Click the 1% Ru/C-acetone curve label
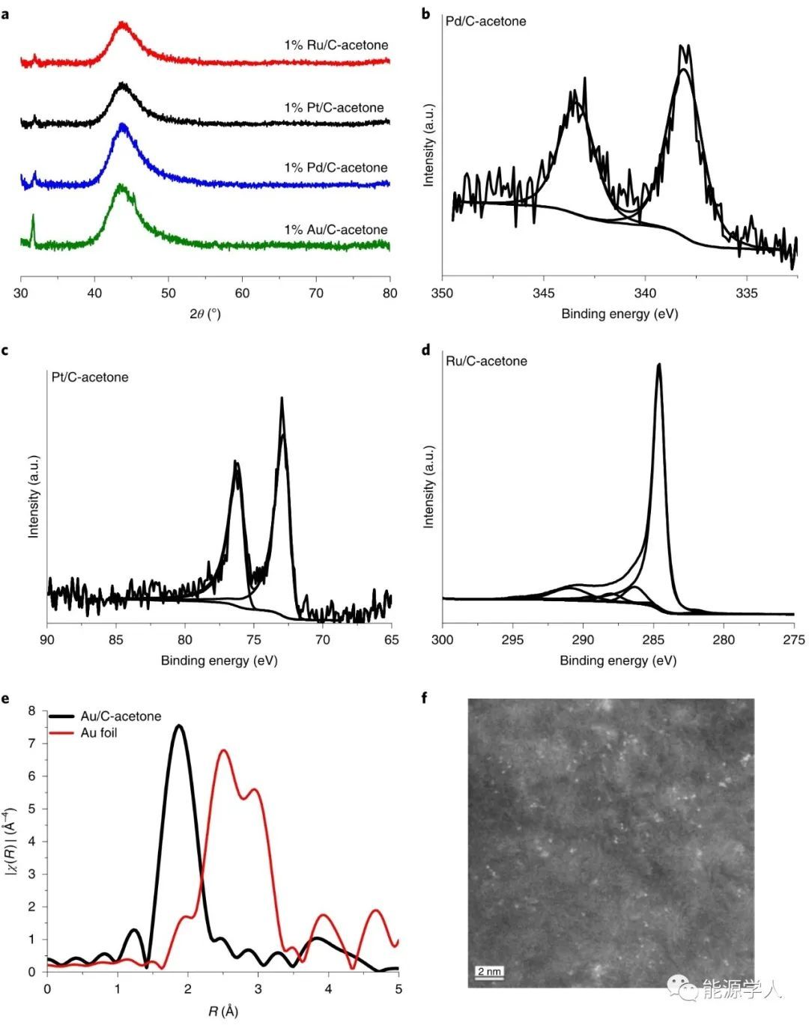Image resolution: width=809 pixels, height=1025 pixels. tap(336, 45)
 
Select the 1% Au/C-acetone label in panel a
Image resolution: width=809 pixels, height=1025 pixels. tap(336, 230)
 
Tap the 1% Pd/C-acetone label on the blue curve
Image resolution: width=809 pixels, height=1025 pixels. tap(336, 168)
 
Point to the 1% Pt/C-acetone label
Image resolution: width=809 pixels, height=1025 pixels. tap(334, 108)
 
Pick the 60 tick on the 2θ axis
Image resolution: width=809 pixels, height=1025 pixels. tap(242, 293)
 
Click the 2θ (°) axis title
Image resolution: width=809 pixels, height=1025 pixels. tap(205, 314)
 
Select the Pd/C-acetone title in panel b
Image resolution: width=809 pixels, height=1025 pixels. tap(485, 22)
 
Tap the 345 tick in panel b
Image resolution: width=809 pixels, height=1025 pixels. tap(544, 293)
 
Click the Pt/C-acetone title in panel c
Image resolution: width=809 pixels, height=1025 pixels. tap(90, 377)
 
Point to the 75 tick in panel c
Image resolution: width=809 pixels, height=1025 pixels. tap(254, 640)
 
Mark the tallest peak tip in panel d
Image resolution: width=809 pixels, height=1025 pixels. tap(659, 365)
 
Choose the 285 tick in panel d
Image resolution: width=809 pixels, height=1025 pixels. tap(653, 640)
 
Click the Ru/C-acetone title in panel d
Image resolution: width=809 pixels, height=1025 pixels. tap(486, 362)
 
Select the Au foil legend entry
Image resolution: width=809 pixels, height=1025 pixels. tap(99, 733)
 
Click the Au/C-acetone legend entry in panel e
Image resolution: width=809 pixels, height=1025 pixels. tap(121, 717)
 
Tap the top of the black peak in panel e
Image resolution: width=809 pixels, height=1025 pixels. tap(179, 726)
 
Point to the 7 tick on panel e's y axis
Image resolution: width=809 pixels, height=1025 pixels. tap(31, 743)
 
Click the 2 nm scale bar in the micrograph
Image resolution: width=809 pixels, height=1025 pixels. tap(489, 973)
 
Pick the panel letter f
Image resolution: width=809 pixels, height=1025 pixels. tap(425, 699)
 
